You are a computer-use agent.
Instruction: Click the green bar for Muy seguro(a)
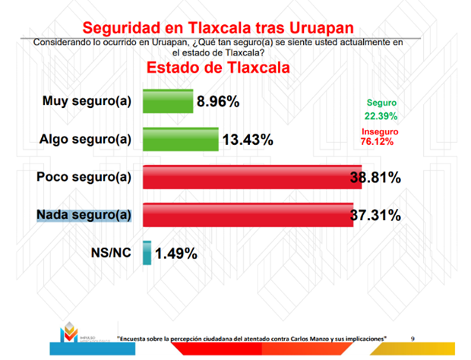click(x=167, y=101)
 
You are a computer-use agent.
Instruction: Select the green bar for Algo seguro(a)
click(x=181, y=139)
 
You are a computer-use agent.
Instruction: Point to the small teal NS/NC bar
click(x=146, y=253)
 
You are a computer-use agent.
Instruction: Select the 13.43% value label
click(x=248, y=140)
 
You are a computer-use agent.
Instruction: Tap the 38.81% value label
click(x=375, y=178)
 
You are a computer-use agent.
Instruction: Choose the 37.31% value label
click(x=375, y=216)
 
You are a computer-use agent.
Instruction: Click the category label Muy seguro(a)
click(x=87, y=101)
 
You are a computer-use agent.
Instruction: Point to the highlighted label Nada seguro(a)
click(x=84, y=215)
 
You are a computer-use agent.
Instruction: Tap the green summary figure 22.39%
click(x=380, y=115)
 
